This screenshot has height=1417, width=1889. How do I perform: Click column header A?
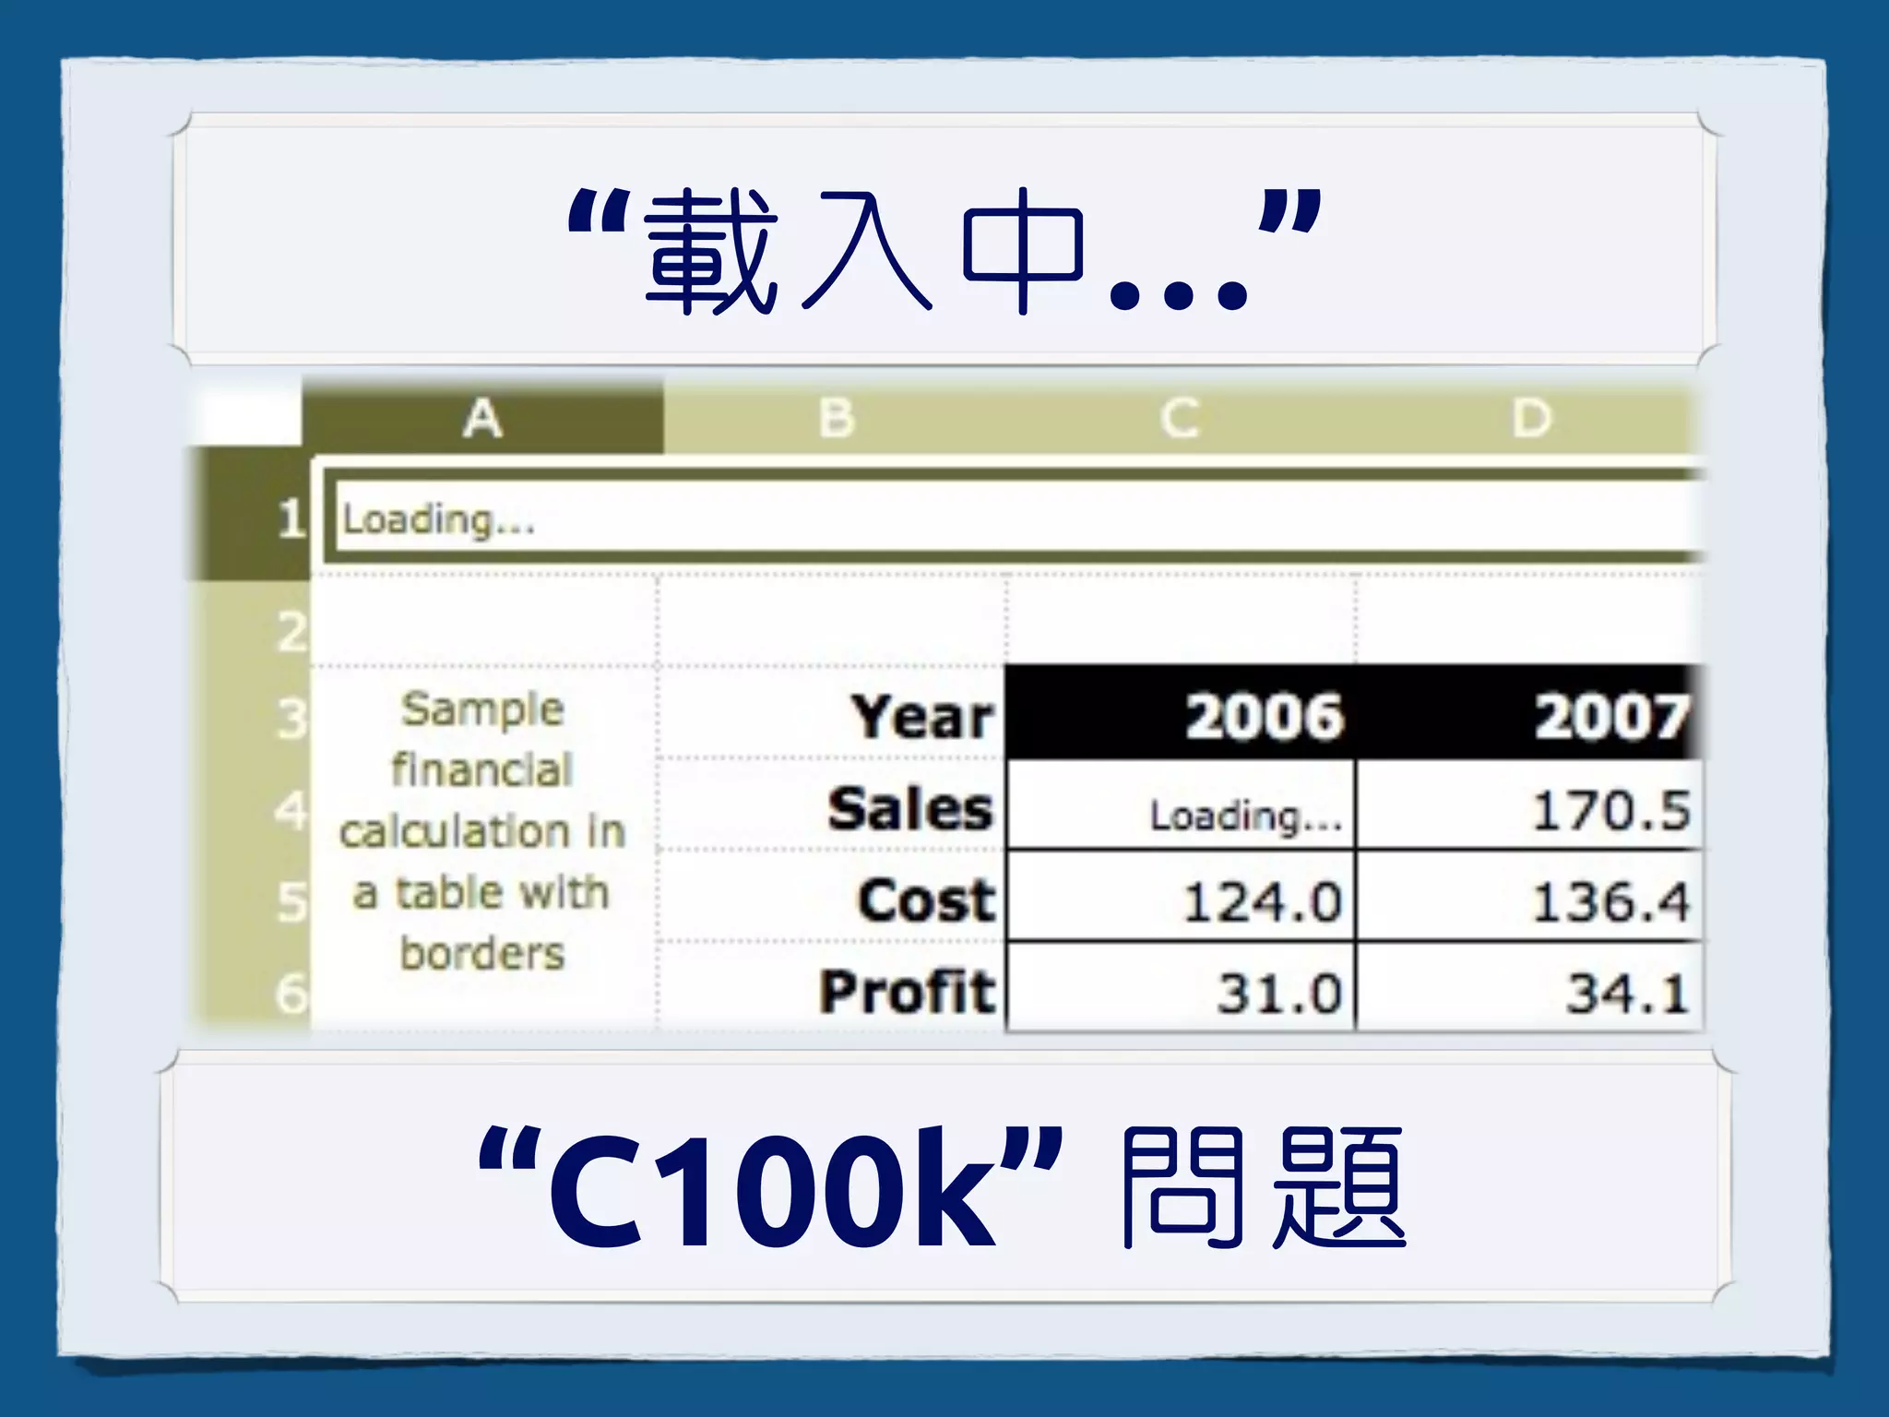point(482,419)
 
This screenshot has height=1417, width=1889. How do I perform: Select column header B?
point(837,419)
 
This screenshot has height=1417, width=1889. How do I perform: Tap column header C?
point(1180,419)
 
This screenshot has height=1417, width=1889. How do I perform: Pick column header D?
point(1531,419)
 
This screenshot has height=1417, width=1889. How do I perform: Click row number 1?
point(290,518)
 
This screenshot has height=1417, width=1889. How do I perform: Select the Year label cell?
point(922,717)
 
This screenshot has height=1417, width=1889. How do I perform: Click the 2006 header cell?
point(1264,717)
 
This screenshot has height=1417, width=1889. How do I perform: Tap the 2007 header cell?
point(1610,717)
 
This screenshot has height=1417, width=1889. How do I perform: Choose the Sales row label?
point(909,809)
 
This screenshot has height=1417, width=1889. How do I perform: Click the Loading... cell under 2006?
point(1245,815)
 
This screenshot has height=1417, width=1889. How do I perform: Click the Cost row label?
point(926,900)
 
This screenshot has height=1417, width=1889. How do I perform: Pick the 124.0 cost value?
point(1262,901)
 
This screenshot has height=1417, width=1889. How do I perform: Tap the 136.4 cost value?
point(1610,901)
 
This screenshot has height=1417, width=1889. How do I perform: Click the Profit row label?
point(908,992)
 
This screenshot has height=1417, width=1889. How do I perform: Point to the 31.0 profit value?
point(1278,994)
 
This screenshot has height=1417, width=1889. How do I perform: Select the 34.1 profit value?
point(1627,994)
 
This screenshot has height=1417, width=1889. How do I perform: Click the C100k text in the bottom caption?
point(773,1188)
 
